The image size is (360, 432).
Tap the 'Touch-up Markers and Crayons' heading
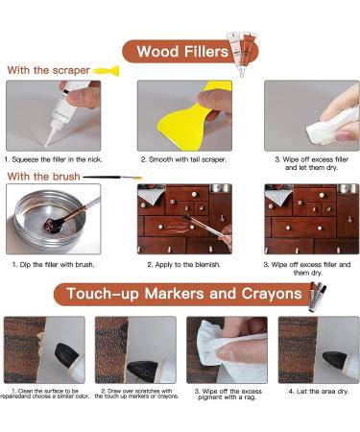coord(184,294)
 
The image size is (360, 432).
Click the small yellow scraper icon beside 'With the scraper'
coord(107,71)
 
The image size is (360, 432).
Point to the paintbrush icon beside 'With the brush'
coord(112,177)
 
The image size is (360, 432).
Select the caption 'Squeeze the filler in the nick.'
coord(53,159)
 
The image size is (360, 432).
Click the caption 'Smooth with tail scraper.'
coord(184,159)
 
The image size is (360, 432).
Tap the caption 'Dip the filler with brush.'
coord(53,265)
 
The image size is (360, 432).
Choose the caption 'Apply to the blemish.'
coord(184,265)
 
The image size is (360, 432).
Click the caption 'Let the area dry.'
coord(319,392)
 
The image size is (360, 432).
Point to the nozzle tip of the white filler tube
coord(46,145)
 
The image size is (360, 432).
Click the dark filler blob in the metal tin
coord(52,225)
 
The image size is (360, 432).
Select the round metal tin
coord(50,220)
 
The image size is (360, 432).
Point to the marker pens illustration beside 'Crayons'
coord(318,297)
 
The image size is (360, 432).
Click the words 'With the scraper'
coord(49,70)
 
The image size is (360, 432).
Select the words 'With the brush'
coord(43,177)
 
